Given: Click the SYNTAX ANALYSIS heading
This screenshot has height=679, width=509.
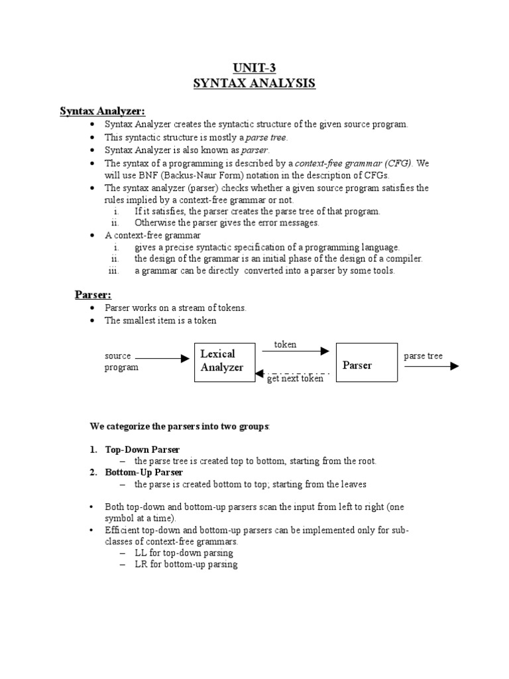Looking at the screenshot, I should click(254, 84).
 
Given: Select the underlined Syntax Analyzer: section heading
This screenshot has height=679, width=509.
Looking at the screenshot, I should click(102, 111).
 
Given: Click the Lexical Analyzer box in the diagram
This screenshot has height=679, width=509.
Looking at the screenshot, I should click(223, 361).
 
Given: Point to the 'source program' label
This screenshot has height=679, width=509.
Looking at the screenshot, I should click(122, 361).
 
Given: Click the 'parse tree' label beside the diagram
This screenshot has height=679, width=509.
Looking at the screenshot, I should click(423, 356).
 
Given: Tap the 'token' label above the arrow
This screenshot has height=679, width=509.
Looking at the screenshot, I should click(286, 345).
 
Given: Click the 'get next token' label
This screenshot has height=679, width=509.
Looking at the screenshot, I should click(295, 379).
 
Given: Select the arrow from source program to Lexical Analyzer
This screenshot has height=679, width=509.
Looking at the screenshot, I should click(162, 358).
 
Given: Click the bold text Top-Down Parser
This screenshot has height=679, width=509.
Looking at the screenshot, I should click(142, 450).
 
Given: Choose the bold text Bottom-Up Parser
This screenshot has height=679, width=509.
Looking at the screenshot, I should click(144, 473).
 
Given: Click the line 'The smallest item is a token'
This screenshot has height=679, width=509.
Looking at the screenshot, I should click(160, 320).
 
